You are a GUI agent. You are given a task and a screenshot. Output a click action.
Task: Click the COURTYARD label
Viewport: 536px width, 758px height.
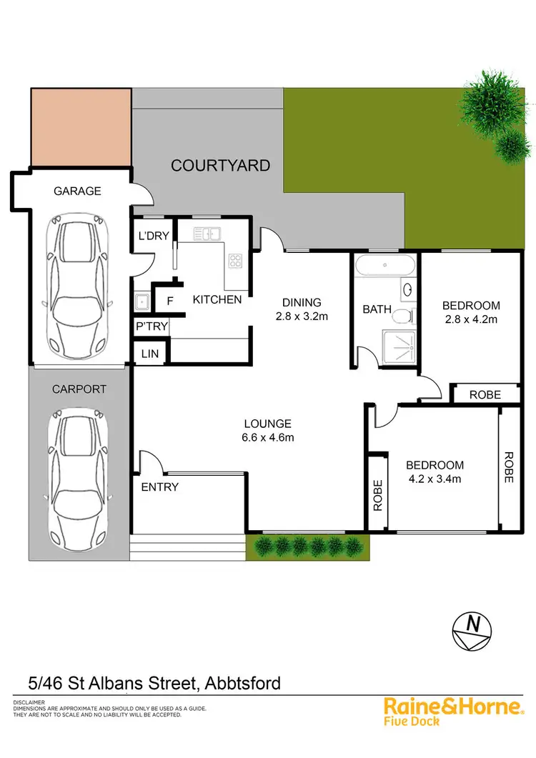[x=220, y=166]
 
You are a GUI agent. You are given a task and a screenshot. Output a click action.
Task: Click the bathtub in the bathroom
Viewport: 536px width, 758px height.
[x=384, y=266]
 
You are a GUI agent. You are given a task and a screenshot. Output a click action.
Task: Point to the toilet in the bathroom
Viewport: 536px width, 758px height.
[x=405, y=315]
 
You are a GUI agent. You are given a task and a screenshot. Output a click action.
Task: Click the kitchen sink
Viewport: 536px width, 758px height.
[x=210, y=233]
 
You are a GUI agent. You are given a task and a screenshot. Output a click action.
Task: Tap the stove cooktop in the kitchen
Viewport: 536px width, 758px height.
[x=235, y=260]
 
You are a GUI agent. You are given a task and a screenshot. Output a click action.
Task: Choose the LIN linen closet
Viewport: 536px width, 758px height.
[x=149, y=353]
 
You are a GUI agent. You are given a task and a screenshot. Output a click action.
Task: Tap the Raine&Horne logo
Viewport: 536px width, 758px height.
[x=453, y=711]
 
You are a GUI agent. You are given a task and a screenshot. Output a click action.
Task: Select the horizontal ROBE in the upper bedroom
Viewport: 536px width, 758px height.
[x=485, y=394]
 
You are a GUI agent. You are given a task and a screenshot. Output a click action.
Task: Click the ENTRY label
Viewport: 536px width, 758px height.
[x=160, y=487]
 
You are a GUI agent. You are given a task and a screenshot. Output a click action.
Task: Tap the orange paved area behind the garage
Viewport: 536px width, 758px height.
[x=81, y=126]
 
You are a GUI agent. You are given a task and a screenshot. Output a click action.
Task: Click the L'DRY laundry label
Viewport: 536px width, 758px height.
[x=152, y=236]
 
